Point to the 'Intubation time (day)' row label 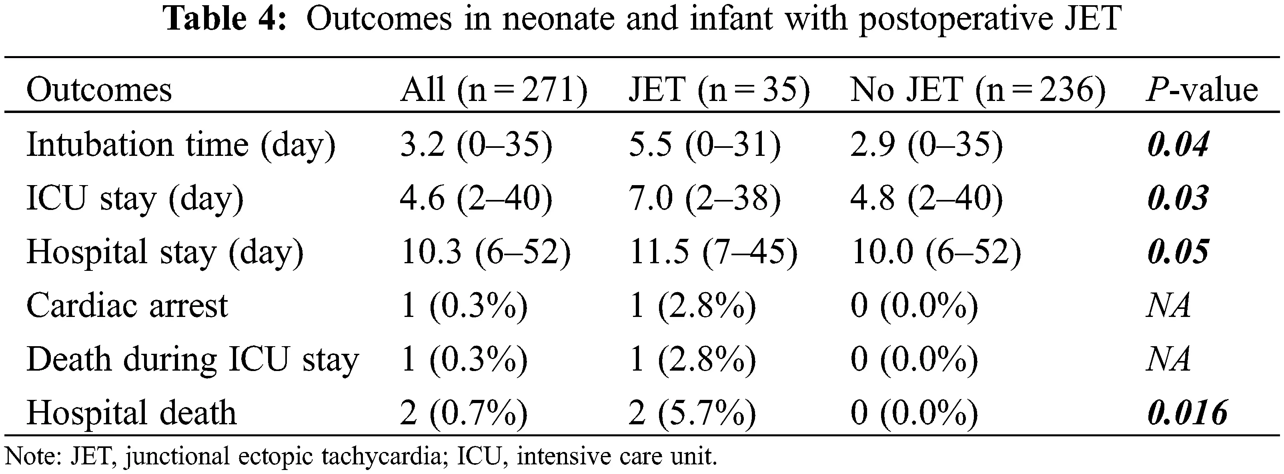point(181,145)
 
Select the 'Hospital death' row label point(131,413)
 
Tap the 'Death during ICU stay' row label point(192,360)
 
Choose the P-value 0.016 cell point(1187,413)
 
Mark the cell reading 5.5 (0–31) point(704,145)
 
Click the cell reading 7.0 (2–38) point(704,199)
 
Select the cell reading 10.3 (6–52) point(485,252)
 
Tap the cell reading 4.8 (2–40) point(926,199)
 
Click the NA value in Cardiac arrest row point(1168,306)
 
